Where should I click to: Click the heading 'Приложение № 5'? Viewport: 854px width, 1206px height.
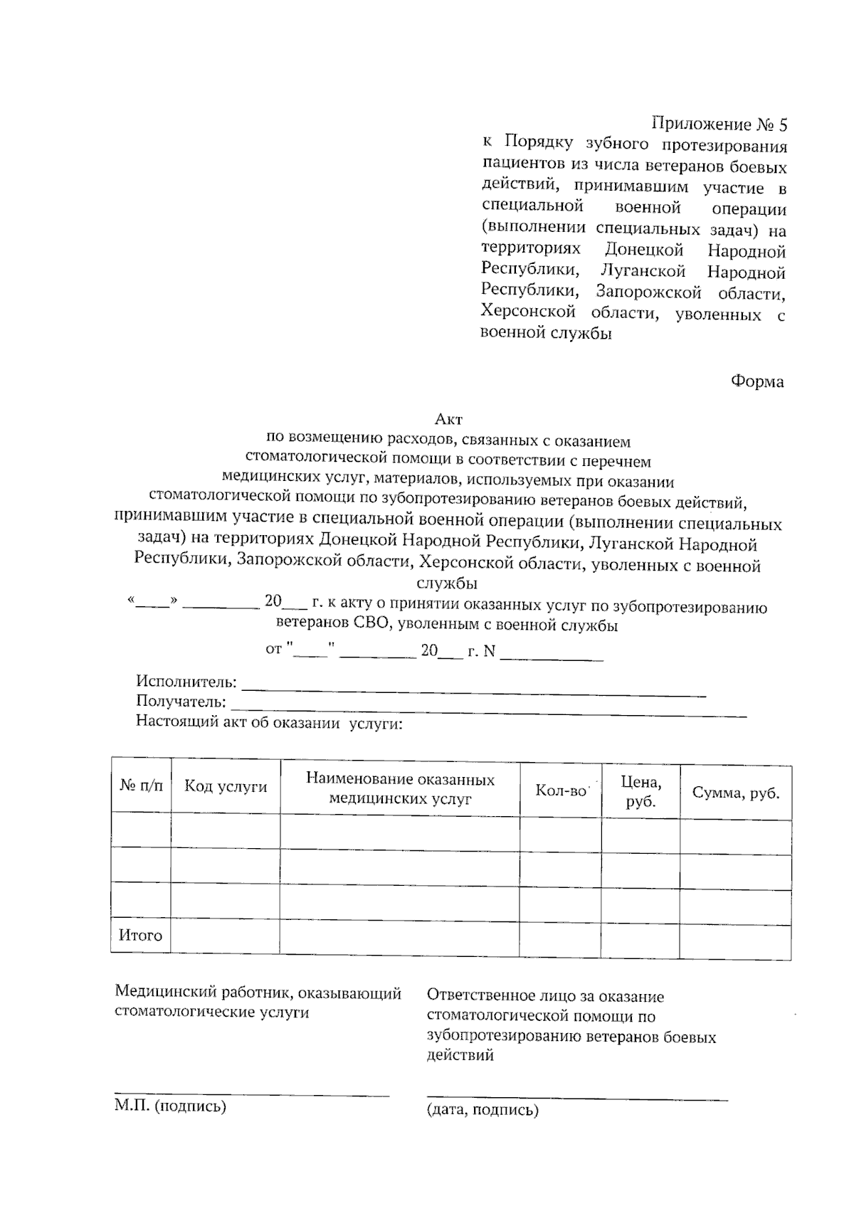click(719, 125)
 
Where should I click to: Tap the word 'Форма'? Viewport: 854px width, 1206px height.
click(757, 382)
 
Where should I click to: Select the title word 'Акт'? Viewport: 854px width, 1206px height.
click(448, 421)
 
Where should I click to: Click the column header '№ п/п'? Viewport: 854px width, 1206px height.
click(141, 786)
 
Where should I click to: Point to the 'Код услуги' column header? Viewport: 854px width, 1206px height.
click(226, 786)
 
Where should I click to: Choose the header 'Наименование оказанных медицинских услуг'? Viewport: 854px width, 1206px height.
click(400, 789)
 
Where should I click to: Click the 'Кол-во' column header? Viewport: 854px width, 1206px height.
click(561, 790)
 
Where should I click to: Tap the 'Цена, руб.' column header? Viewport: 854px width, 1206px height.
click(640, 792)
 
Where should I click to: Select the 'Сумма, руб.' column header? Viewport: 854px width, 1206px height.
click(736, 793)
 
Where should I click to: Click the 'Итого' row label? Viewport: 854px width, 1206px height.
click(140, 936)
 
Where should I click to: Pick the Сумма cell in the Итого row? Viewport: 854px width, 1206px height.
click(735, 941)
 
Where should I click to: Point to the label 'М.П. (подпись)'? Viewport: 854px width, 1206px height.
click(170, 1106)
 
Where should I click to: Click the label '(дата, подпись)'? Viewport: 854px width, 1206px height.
click(483, 1110)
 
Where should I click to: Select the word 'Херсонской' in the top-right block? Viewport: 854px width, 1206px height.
click(527, 312)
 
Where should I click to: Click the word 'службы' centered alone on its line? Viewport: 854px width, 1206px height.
click(447, 585)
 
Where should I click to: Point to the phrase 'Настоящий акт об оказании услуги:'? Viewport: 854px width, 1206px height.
click(269, 724)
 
